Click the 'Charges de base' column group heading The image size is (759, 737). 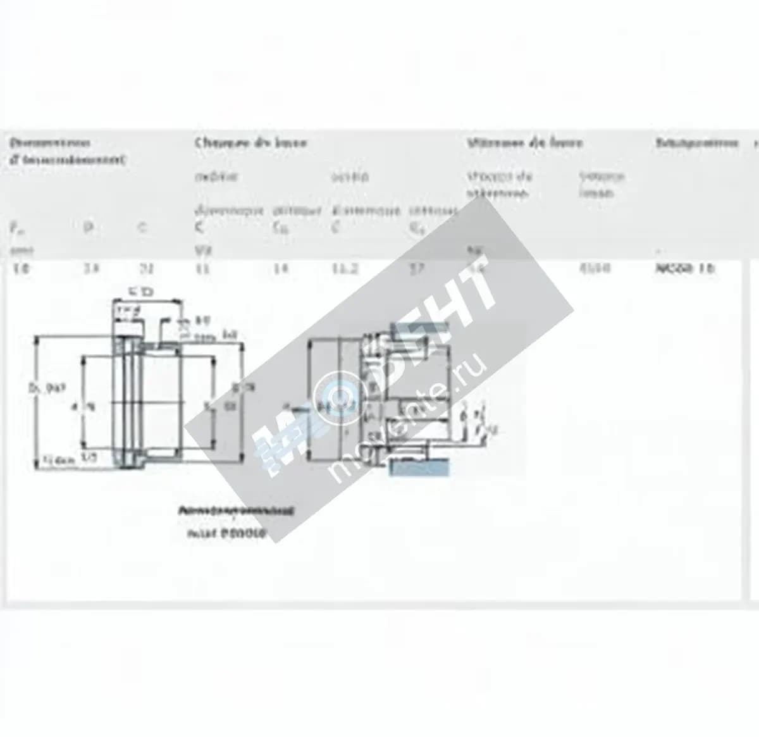[x=251, y=143]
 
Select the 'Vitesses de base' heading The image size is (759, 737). [x=524, y=143]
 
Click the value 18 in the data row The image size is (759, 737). [x=22, y=268]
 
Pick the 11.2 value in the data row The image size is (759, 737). [x=345, y=268]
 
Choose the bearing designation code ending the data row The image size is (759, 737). [x=686, y=268]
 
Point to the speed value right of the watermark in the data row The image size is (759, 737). [x=595, y=268]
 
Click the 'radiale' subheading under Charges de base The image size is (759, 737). [x=216, y=177]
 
